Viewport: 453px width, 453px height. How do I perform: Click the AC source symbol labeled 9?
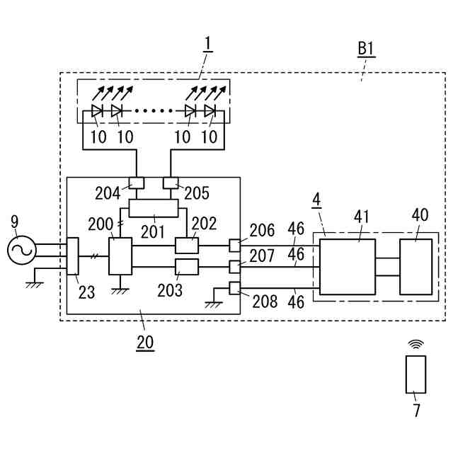pos(21,250)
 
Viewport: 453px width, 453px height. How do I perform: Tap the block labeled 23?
pos(72,256)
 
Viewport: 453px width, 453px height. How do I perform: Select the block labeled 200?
pos(120,256)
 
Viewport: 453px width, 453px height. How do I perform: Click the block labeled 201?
pos(154,208)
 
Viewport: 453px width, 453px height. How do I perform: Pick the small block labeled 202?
pos(187,246)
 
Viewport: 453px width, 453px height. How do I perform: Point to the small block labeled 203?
pos(187,267)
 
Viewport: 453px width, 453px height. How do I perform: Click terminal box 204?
pos(137,183)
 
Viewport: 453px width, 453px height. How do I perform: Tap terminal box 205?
pos(171,183)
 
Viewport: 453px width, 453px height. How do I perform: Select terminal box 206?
pos(234,246)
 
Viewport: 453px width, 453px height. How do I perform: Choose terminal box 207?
pos(234,267)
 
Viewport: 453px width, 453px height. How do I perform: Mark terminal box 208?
pos(234,288)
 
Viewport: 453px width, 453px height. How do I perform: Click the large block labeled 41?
pos(348,267)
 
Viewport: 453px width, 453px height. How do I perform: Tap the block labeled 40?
pos(416,267)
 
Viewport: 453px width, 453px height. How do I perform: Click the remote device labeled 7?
pos(415,374)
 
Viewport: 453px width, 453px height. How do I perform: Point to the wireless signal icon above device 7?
pos(415,344)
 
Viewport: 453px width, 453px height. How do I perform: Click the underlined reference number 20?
pos(145,343)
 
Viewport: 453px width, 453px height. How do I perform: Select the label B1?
pos(366,49)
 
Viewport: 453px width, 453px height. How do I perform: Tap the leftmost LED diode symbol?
pos(97,110)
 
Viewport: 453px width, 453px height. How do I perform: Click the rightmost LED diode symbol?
pos(210,110)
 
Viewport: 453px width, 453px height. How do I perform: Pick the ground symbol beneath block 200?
pos(120,291)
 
